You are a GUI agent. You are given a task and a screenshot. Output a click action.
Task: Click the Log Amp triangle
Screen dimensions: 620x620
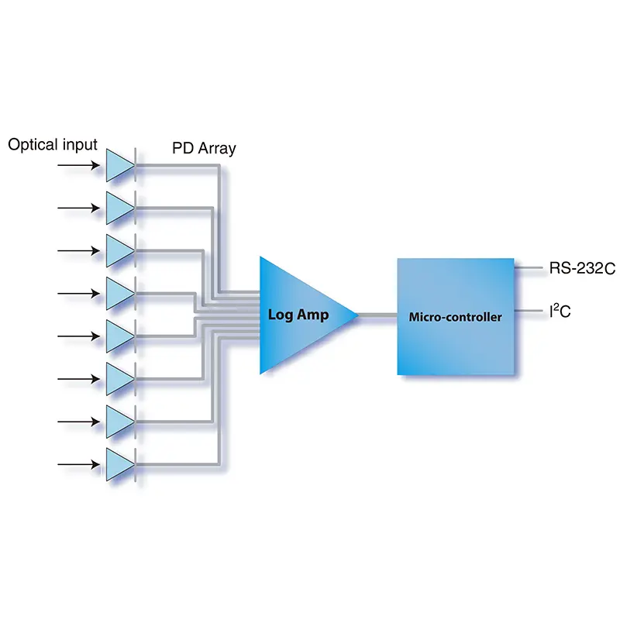pos(298,315)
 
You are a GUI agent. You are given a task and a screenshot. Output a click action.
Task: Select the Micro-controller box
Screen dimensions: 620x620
pos(456,316)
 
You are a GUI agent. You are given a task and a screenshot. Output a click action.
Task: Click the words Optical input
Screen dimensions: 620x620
pos(53,145)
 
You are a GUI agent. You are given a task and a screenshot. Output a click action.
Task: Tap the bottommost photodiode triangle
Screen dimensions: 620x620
pos(119,463)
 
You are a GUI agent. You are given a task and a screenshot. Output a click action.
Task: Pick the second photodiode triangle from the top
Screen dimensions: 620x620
pos(119,208)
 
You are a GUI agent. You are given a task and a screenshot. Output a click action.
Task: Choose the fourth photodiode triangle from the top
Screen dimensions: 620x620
pos(119,293)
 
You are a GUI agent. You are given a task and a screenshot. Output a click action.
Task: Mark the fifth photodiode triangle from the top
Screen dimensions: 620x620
pos(119,336)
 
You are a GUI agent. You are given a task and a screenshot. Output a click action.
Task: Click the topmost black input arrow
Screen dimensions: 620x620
pos(78,166)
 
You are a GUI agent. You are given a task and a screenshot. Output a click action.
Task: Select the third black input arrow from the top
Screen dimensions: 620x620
pos(78,250)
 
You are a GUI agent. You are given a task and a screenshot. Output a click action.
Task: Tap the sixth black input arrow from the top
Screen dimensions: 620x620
pos(78,378)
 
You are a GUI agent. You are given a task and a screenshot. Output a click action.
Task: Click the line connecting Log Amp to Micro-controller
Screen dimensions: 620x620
pos(377,315)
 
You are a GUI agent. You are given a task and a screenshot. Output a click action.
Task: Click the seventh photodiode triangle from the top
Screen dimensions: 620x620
pos(119,421)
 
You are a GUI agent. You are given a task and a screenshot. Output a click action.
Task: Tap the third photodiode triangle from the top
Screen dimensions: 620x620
pos(119,250)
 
